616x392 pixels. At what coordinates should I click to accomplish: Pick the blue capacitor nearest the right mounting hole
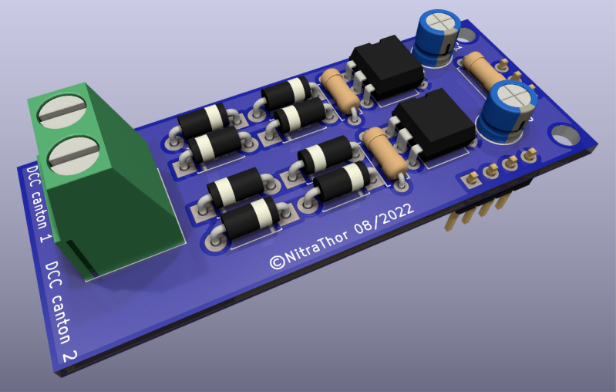pyautogui.click(x=505, y=112)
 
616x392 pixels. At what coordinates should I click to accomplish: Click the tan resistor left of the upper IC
pyautogui.click(x=338, y=89)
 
